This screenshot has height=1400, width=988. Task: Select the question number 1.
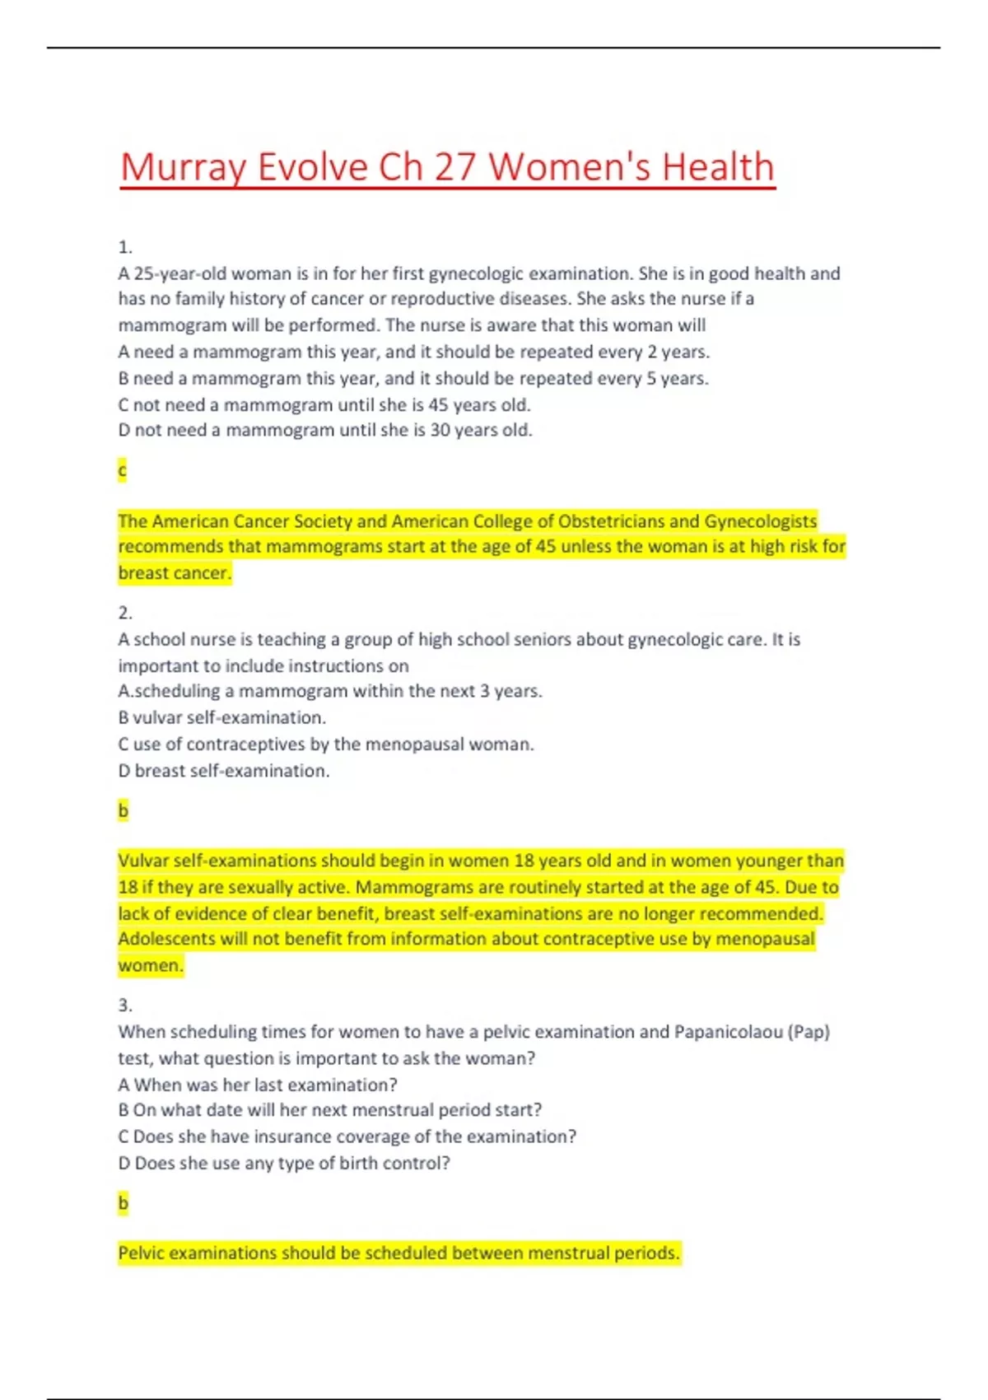pos(125,247)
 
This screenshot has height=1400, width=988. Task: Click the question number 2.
pos(125,613)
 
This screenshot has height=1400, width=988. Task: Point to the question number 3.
pos(125,1006)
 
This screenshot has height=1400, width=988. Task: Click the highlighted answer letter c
pos(123,470)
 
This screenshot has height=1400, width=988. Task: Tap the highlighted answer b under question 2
pos(123,810)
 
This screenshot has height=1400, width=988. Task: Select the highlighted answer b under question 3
pos(123,1203)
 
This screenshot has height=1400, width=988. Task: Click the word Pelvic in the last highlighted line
pos(141,1253)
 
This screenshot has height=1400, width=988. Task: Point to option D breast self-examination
pos(223,771)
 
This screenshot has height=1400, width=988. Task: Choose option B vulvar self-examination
pos(221,717)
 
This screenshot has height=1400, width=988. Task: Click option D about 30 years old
pos(325,430)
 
